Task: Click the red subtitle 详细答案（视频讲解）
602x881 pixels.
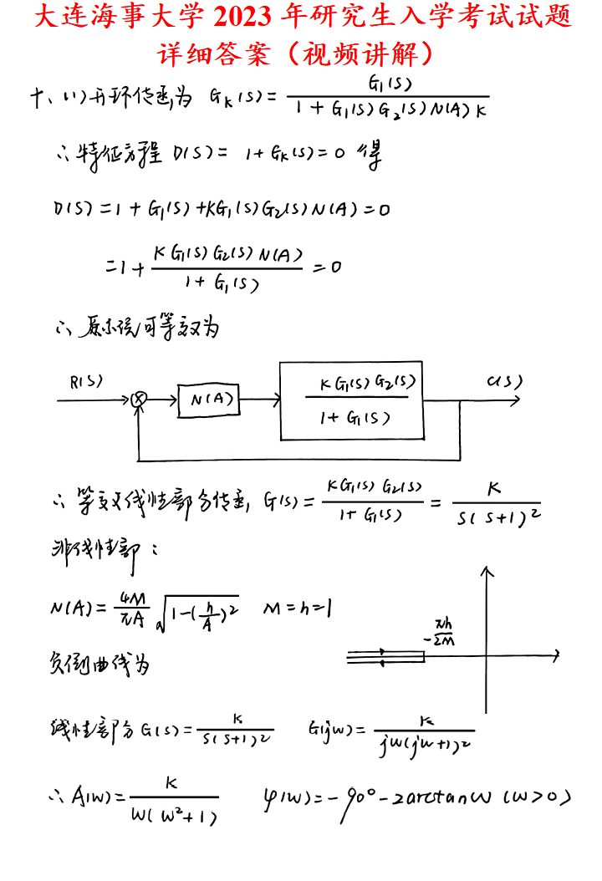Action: coord(300,53)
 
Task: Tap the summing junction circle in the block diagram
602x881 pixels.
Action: coord(141,400)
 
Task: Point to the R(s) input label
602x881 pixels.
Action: coord(87,381)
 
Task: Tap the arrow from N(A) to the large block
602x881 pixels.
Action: coord(259,400)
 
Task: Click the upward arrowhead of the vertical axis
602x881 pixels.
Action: coord(487,573)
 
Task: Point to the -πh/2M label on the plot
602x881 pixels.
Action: coord(439,633)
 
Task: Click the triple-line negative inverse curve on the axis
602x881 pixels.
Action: coord(385,657)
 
